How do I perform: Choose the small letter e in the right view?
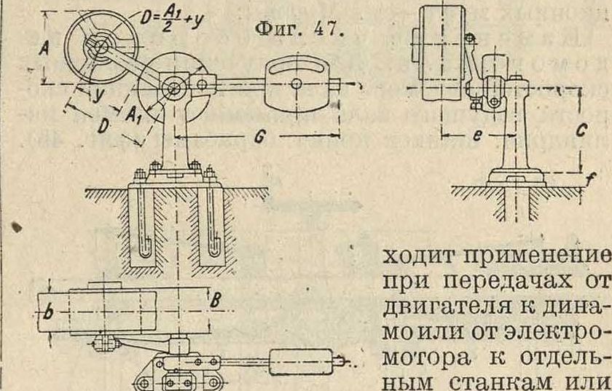pos(475,136)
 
